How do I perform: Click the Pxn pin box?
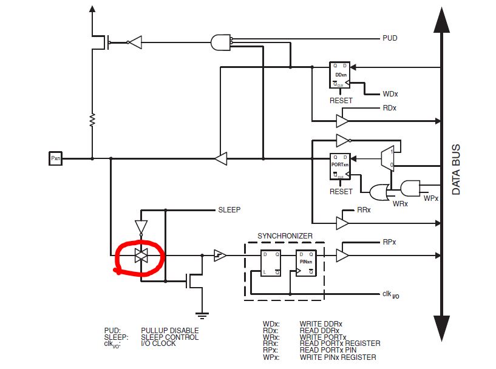point(56,159)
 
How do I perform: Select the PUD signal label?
point(390,38)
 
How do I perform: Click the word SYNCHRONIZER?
point(285,235)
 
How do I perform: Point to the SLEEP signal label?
point(229,210)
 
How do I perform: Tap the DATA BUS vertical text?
point(456,169)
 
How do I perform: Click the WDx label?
point(389,95)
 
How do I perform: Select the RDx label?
point(389,108)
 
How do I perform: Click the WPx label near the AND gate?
point(431,198)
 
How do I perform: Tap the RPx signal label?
point(389,242)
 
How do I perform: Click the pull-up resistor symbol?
point(92,119)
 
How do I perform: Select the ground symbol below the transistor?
point(202,314)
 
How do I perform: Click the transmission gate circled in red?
point(141,256)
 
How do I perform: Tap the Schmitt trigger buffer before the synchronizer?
point(219,256)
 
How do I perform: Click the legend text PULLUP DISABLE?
point(169,331)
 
